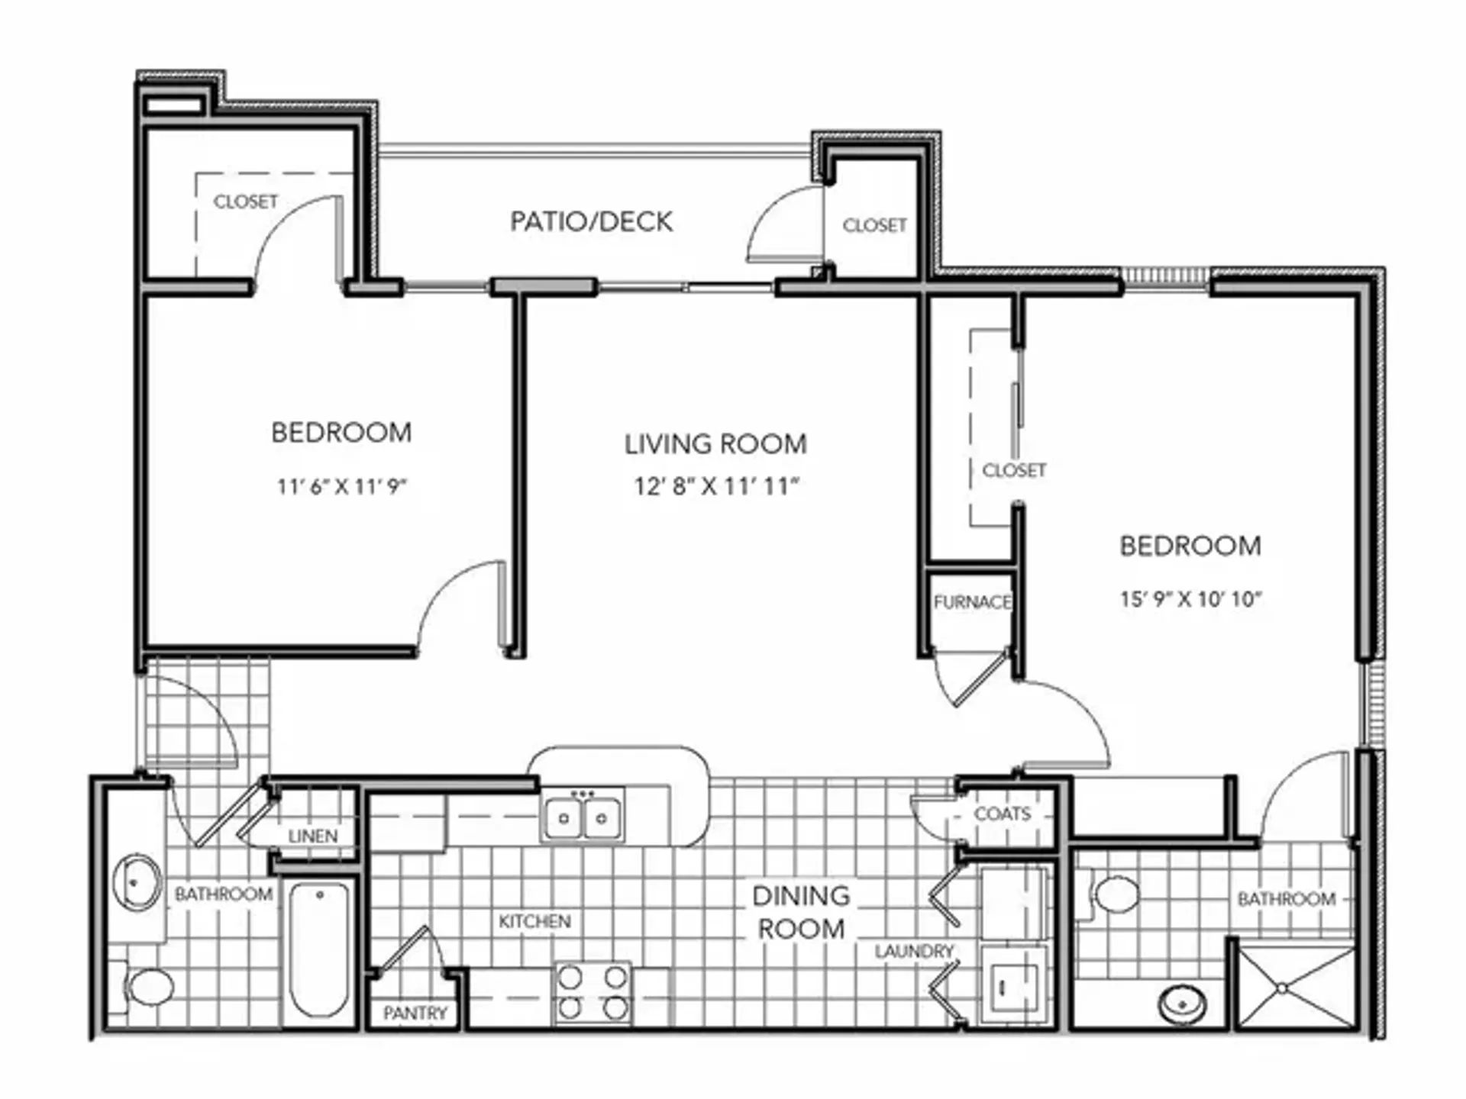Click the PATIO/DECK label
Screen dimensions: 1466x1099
pyautogui.click(x=591, y=222)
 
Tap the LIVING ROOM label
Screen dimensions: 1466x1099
pyautogui.click(x=715, y=444)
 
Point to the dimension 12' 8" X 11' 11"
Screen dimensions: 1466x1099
pyautogui.click(x=716, y=486)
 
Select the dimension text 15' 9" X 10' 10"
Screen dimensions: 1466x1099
pyautogui.click(x=1190, y=599)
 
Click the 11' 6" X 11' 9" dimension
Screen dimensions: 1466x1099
pyautogui.click(x=341, y=486)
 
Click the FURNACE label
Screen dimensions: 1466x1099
pyautogui.click(x=972, y=602)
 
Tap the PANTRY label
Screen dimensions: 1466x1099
pyautogui.click(x=415, y=1013)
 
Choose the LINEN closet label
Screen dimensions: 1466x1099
pyautogui.click(x=313, y=836)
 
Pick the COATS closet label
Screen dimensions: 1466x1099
pyautogui.click(x=1003, y=814)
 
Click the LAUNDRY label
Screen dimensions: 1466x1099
pyautogui.click(x=915, y=951)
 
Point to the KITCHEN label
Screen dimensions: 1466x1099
pyautogui.click(x=534, y=921)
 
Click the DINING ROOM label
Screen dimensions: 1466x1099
pyautogui.click(x=801, y=912)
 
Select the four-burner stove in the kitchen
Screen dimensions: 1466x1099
pyautogui.click(x=593, y=992)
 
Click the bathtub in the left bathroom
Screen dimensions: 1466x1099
pyautogui.click(x=320, y=951)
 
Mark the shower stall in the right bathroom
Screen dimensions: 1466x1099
pyautogui.click(x=1296, y=988)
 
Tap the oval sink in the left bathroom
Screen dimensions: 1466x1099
pyautogui.click(x=137, y=883)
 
